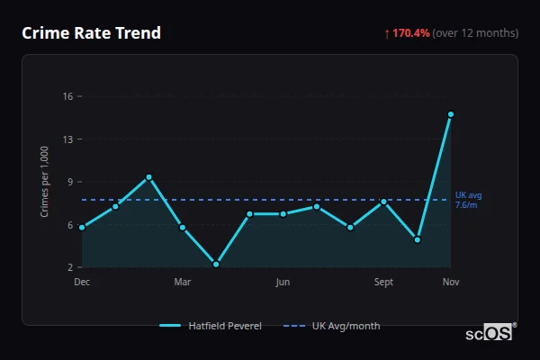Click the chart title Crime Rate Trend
point(91,33)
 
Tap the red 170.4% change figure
point(410,33)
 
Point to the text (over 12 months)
point(475,33)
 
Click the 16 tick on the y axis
point(67,96)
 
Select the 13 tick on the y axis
point(67,139)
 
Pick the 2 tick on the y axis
point(70,267)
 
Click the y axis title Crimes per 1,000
point(45,181)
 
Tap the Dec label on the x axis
point(82,283)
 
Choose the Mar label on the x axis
point(182,283)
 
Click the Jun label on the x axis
point(283,283)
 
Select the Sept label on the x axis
point(383,283)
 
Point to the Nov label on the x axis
point(451,283)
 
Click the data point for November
point(451,114)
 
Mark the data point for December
point(82,228)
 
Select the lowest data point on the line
point(216,264)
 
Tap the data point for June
point(283,214)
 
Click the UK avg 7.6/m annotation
point(468,200)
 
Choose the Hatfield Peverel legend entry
point(211,326)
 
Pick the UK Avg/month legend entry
point(332,326)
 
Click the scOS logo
point(490,332)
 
